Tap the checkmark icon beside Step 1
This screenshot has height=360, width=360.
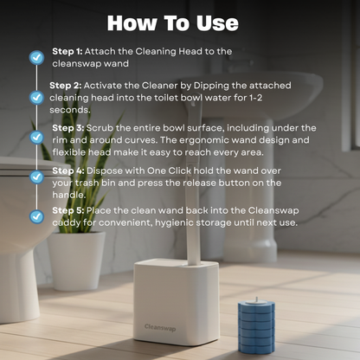[x=36, y=57]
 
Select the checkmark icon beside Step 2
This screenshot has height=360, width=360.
[x=36, y=98]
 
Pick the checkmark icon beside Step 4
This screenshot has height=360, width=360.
[x=36, y=177]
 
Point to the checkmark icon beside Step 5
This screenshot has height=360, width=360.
[x=36, y=215]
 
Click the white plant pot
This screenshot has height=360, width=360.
[x=77, y=259]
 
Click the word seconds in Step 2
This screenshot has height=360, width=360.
[x=68, y=111]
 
